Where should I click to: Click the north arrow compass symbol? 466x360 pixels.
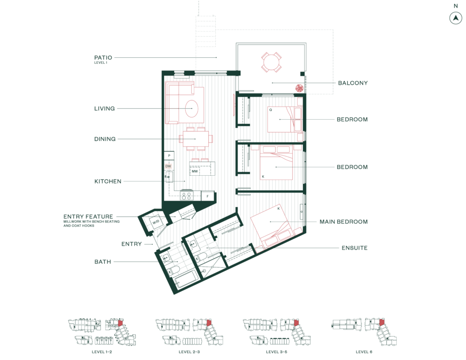[455, 18]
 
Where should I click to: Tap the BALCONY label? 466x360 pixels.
[353, 83]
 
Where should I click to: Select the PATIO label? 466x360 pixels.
[103, 58]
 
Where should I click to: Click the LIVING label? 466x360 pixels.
[104, 109]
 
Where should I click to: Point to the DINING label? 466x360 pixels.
[105, 139]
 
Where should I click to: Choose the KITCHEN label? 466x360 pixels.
[108, 181]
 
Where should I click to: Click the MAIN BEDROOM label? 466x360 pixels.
[343, 222]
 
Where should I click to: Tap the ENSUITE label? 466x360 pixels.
[355, 248]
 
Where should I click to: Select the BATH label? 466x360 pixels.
[102, 262]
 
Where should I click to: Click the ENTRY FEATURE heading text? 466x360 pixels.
[88, 217]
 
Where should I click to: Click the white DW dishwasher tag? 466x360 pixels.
[168, 167]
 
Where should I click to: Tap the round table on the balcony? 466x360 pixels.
[271, 62]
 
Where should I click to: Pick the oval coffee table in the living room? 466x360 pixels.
[192, 109]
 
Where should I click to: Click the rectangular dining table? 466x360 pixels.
[196, 139]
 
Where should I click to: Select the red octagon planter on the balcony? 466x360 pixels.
[299, 88]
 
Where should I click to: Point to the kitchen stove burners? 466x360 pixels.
[186, 196]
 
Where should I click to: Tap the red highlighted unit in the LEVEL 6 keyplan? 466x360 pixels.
[382, 322]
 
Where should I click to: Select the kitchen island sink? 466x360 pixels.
[195, 171]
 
